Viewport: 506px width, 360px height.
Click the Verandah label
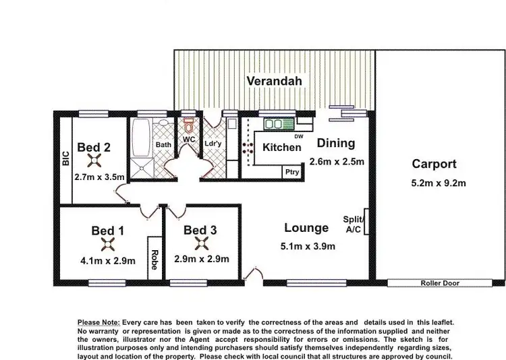(273, 82)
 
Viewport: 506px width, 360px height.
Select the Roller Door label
(439, 283)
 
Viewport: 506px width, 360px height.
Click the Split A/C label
(354, 224)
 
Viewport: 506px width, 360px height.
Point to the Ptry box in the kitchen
(291, 172)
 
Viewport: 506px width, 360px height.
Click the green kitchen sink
(277, 125)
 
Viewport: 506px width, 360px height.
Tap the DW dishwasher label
(299, 137)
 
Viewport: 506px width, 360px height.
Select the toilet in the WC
(188, 125)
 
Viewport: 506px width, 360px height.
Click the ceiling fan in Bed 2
(93, 161)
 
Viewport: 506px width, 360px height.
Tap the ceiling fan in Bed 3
(200, 245)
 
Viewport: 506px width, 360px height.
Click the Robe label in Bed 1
(154, 259)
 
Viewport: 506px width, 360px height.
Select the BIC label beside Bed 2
(65, 159)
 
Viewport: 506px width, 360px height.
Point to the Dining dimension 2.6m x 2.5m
(337, 161)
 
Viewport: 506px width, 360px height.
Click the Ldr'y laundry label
(213, 144)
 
